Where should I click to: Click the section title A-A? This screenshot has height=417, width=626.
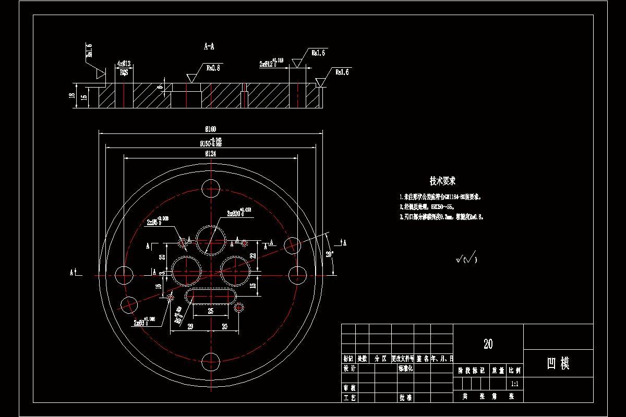[x=209, y=46]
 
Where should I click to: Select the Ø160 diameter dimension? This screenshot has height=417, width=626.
[x=211, y=129]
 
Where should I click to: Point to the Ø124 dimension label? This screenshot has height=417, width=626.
[x=211, y=153]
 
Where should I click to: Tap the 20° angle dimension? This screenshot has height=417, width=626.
[x=329, y=254]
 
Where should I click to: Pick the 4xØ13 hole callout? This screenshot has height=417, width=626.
[x=124, y=64]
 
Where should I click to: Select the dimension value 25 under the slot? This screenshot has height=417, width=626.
[x=210, y=311]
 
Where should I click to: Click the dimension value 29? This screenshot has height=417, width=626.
[x=190, y=326]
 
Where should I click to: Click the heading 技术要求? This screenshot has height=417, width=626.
[x=442, y=181]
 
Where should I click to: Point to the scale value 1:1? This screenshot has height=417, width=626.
[x=515, y=384]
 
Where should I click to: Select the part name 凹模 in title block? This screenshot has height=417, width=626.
[x=558, y=363]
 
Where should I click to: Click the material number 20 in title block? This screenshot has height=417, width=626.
[x=488, y=344]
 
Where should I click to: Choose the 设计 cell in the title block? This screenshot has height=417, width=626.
[x=350, y=369]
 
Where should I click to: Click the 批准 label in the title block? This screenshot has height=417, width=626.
[x=405, y=397]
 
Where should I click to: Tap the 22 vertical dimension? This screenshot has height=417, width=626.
[x=252, y=255]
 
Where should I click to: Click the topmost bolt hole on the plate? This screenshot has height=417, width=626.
[x=211, y=187]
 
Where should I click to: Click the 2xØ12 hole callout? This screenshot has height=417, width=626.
[x=271, y=64]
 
